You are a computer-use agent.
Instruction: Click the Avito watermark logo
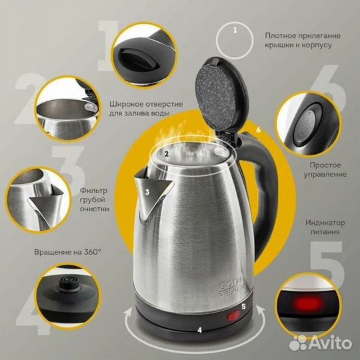click(x=320, y=343)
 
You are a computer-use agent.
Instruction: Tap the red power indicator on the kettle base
click(x=234, y=315)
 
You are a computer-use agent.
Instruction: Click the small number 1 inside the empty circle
click(x=235, y=30)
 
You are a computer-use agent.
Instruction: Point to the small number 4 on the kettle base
click(x=200, y=330)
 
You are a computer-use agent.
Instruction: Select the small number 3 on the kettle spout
click(x=147, y=192)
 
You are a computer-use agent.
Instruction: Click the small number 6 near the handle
click(x=259, y=130)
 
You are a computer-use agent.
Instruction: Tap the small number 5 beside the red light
click(x=243, y=306)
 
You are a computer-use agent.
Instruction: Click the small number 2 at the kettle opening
click(x=167, y=153)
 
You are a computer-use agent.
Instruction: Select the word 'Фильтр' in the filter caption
click(x=93, y=191)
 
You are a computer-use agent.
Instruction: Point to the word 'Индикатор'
click(x=325, y=223)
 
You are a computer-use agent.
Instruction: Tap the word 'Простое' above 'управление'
click(x=325, y=165)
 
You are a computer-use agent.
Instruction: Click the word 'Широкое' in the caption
click(x=125, y=104)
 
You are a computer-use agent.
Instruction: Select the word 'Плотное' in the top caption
click(x=280, y=35)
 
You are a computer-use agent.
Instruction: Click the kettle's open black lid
click(x=221, y=95)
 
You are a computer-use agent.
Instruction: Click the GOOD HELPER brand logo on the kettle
click(x=231, y=287)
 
